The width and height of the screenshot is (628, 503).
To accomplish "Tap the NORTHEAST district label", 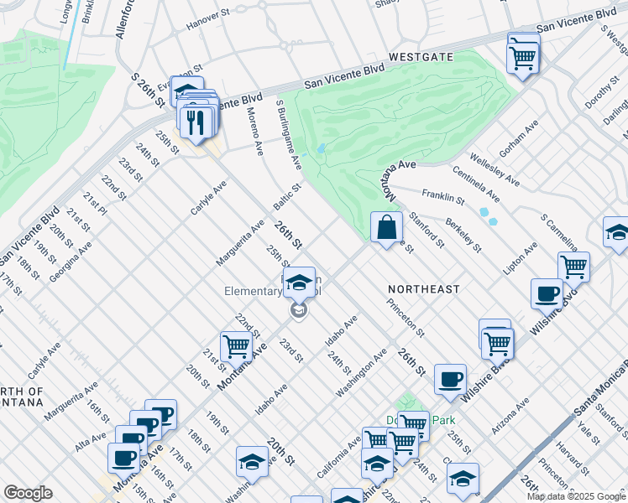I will tap(424, 289).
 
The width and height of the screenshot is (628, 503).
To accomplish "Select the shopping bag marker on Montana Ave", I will tap(386, 228).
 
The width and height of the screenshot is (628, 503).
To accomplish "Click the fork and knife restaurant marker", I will tap(196, 124).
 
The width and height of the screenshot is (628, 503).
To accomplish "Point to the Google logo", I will tap(28, 493).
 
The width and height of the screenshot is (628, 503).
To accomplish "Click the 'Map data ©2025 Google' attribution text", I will tap(577, 496).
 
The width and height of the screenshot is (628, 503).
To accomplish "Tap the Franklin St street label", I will tap(443, 197).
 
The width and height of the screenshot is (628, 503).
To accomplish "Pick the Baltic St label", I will tap(287, 197).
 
